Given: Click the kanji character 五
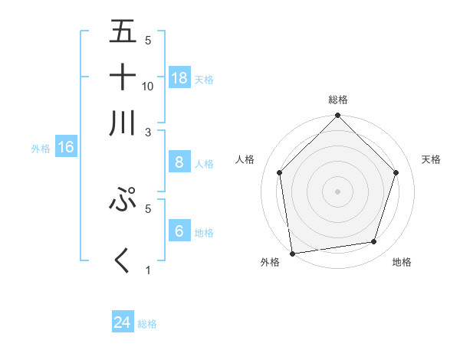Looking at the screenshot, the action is coord(123,32).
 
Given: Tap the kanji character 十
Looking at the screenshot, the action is coord(123,77).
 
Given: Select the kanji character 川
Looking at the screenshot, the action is coord(123,123).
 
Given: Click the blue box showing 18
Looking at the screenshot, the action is coord(179,78).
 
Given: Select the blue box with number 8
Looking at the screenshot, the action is coord(179,162).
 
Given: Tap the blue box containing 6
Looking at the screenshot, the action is coord(179,231).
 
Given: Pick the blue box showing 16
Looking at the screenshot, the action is coord(66,148).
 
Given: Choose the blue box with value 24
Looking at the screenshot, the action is coord(123,322).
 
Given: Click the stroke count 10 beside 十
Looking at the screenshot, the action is coord(148,87).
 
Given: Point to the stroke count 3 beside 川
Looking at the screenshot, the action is coord(148,132).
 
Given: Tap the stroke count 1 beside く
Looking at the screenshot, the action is coord(148,270).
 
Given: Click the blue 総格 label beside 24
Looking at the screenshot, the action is coord(147,324).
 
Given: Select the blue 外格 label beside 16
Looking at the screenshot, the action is coord(41,149).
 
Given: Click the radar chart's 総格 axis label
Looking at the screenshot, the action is coord(338,100).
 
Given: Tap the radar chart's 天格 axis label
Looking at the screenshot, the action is coord(432,159).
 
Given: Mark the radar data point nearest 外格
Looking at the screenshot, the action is coord(292,253).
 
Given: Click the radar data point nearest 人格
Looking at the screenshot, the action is coord(280,172).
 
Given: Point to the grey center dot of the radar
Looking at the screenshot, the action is coord(337,191).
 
